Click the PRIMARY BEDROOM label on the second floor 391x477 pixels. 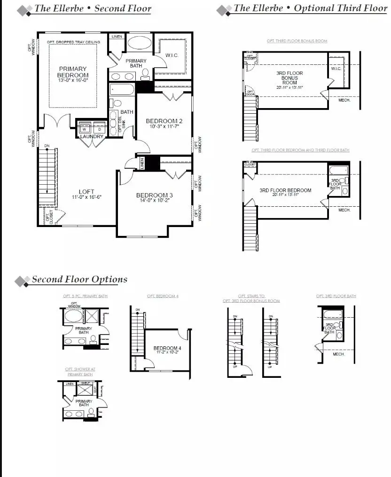(73, 72)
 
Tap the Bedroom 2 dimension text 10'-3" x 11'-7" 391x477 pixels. (164, 127)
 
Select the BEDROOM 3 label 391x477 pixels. (155, 195)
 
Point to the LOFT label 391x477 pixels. (86, 191)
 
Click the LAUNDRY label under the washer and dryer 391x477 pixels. (92, 137)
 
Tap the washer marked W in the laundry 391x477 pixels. (85, 128)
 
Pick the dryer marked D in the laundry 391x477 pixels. (99, 128)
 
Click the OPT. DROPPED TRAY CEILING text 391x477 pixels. (73, 42)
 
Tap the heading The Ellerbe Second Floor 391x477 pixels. (93, 8)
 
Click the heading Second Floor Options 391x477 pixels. (79, 279)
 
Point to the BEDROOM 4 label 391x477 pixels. (167, 348)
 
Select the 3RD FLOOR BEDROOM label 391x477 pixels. (285, 190)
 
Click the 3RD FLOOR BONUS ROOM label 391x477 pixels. (289, 78)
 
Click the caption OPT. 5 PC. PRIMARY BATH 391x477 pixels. (84, 297)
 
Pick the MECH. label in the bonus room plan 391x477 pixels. (344, 100)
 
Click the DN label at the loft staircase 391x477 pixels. (46, 146)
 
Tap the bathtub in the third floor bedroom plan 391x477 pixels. (338, 170)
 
